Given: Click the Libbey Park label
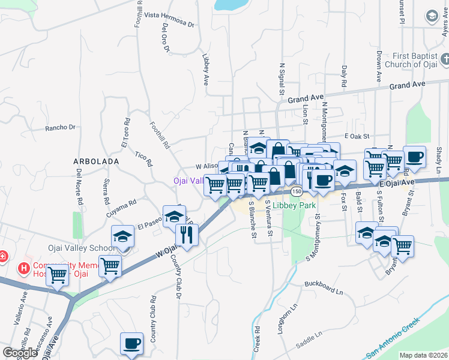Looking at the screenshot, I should [x=294, y=205].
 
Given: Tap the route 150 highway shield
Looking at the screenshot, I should [x=296, y=191].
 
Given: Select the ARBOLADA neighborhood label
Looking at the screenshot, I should [x=95, y=162].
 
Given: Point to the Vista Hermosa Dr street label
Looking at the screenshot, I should [x=170, y=20].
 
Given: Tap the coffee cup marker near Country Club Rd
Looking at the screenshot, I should [x=131, y=343].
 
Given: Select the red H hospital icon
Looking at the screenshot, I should [x=25, y=268].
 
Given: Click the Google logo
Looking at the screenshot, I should [x=20, y=352].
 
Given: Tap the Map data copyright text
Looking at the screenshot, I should [x=423, y=355].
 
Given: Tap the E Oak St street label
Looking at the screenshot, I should [x=357, y=137].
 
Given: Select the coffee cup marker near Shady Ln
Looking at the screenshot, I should [x=414, y=157].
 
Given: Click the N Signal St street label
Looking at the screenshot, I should [x=281, y=77].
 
